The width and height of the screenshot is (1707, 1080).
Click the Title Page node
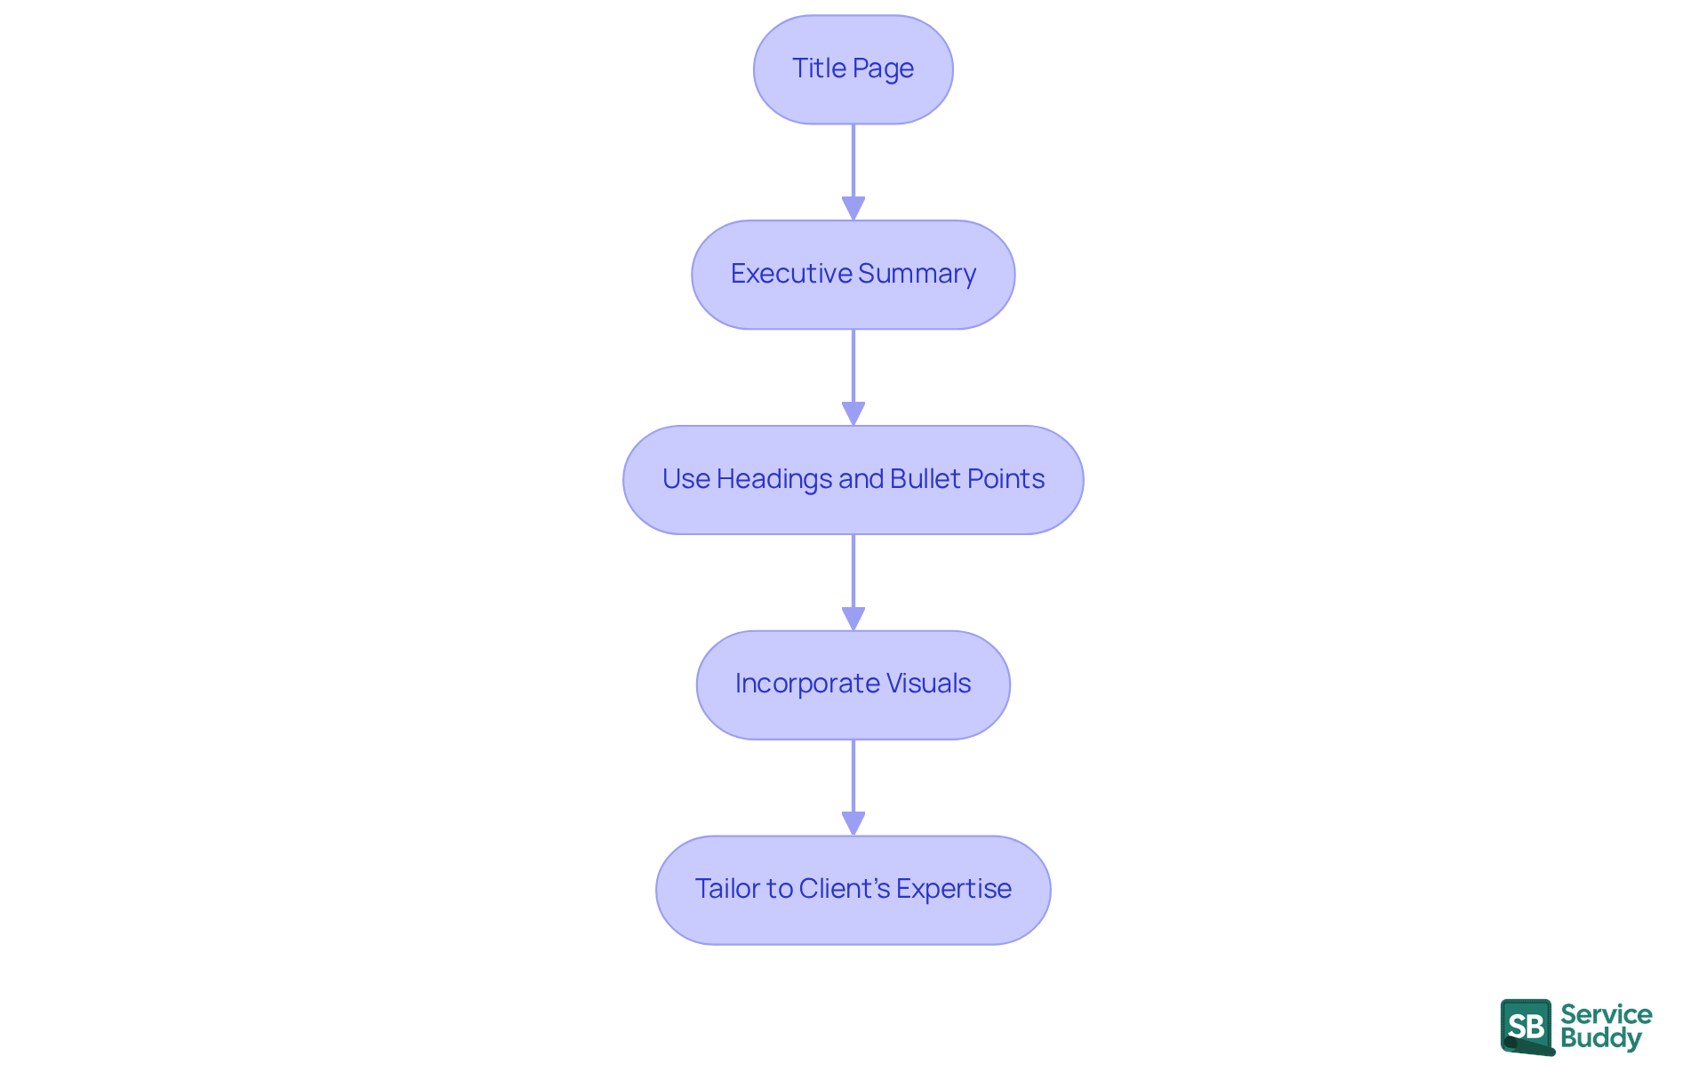tap(853, 69)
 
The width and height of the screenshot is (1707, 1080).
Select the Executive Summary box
tap(853, 275)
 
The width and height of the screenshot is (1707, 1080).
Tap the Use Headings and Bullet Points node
tap(853, 480)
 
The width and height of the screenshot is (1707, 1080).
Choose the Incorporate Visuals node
tap(853, 684)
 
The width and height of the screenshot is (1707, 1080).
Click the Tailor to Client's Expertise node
tap(853, 890)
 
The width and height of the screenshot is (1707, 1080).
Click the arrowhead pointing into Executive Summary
tap(853, 208)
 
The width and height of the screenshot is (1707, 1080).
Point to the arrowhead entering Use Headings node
tap(853, 413)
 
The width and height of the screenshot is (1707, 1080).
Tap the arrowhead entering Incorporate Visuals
tap(853, 619)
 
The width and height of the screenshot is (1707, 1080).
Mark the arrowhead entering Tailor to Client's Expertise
tap(853, 823)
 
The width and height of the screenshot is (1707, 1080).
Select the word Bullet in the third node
tap(925, 478)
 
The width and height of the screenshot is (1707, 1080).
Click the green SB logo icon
tap(1527, 1027)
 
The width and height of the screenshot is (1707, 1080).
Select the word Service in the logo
tap(1606, 1014)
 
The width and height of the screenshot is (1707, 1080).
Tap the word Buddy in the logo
tap(1600, 1038)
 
